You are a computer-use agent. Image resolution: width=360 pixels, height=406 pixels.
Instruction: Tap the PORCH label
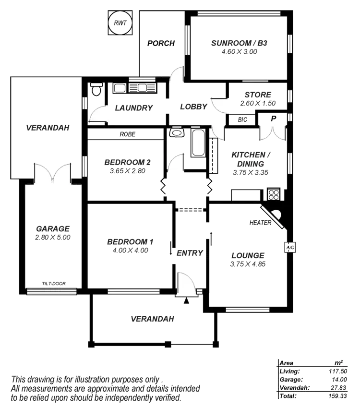pyautogui.click(x=160, y=43)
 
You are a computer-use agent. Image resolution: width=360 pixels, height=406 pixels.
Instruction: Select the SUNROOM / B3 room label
pyautogui.click(x=239, y=43)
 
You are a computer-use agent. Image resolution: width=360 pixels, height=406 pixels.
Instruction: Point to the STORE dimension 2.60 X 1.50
pyautogui.click(x=258, y=103)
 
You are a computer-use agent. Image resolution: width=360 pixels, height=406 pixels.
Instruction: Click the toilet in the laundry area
pyautogui.click(x=96, y=90)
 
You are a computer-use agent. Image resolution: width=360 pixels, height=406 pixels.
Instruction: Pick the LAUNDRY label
pyautogui.click(x=134, y=108)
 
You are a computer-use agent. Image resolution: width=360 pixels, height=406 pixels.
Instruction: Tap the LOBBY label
pyautogui.click(x=193, y=107)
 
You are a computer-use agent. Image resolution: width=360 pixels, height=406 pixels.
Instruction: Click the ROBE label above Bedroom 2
pyautogui.click(x=127, y=135)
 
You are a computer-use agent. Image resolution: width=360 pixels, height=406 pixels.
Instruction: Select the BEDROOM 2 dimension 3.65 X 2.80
pyautogui.click(x=127, y=170)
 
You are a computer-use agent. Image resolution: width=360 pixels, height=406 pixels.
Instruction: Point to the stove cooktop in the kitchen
pyautogui.click(x=274, y=194)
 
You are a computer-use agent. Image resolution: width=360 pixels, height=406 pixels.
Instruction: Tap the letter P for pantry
pyautogui.click(x=273, y=119)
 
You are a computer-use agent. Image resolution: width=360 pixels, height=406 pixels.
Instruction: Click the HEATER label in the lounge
pyautogui.click(x=260, y=223)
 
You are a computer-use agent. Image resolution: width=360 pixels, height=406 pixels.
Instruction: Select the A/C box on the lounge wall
pyautogui.click(x=290, y=247)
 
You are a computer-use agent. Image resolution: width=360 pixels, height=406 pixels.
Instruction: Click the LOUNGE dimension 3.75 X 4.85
pyautogui.click(x=248, y=263)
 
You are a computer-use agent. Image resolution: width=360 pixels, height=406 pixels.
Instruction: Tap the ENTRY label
pyautogui.click(x=190, y=253)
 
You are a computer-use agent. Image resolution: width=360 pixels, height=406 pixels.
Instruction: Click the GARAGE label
pyautogui.click(x=53, y=229)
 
